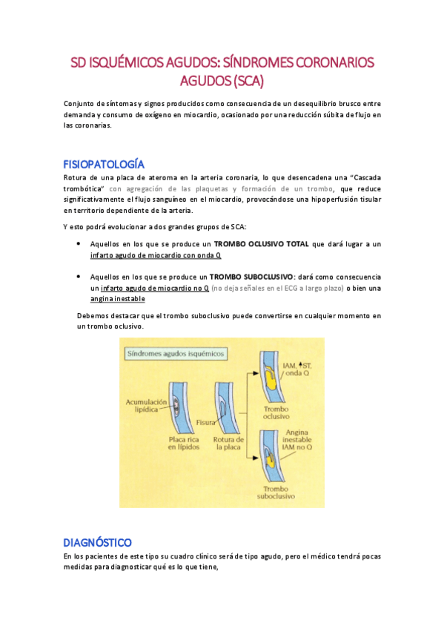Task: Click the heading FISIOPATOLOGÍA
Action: click(104, 164)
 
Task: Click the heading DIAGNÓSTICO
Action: click(97, 541)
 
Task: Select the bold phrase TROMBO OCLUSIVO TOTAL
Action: click(262, 243)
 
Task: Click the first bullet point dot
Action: click(79, 243)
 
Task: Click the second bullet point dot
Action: click(79, 276)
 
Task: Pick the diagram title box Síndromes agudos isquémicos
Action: click(176, 354)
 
